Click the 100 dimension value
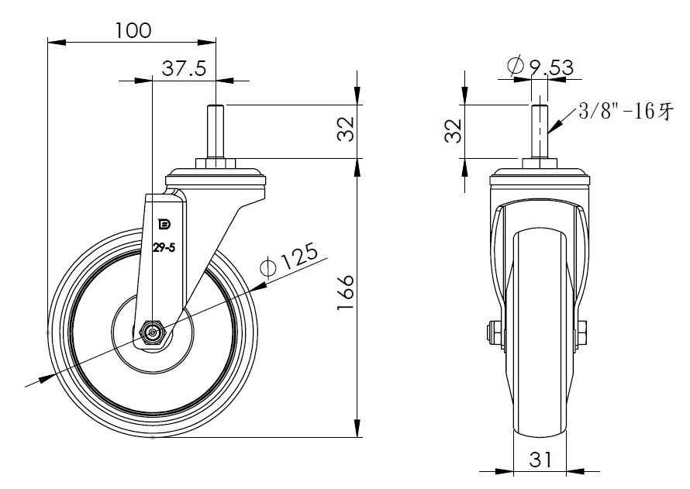(x=133, y=30)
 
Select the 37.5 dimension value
(x=184, y=69)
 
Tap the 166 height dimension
(x=346, y=293)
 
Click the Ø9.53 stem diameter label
(x=540, y=67)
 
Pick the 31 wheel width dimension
(x=540, y=460)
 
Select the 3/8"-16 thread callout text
(x=626, y=111)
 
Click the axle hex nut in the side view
(x=152, y=333)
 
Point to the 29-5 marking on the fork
(x=164, y=248)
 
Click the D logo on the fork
(x=164, y=225)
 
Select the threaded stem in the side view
(x=216, y=132)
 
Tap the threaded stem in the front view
(x=540, y=132)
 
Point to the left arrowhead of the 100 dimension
(x=57, y=42)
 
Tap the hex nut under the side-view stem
(x=216, y=164)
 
